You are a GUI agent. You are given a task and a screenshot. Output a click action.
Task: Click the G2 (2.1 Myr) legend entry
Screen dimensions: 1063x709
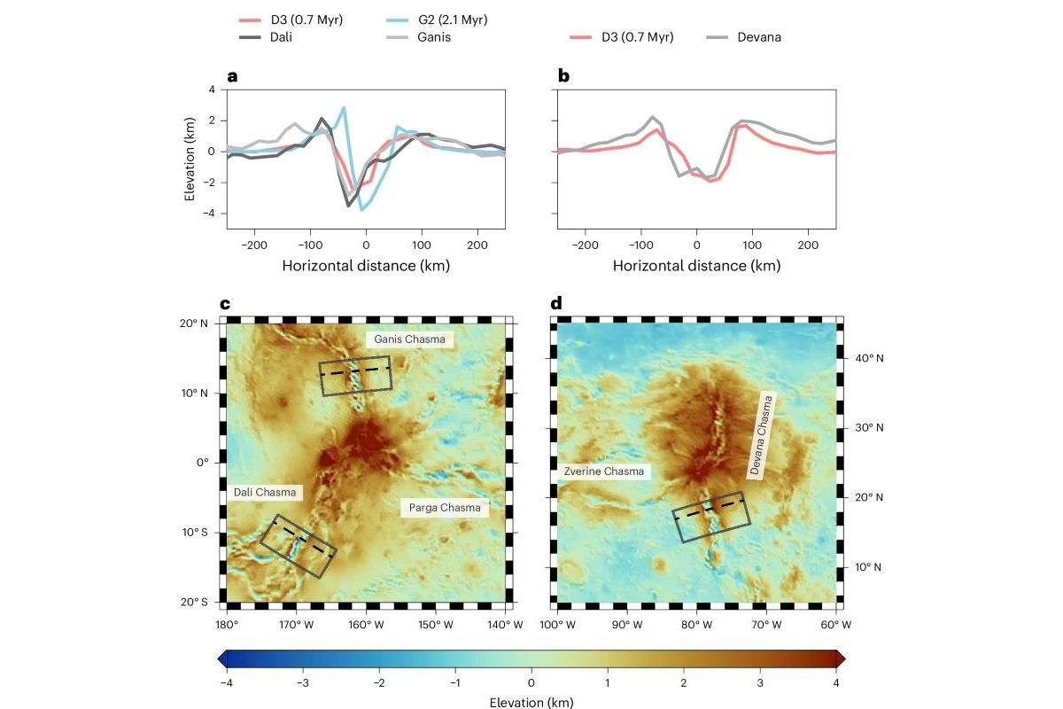coord(437,20)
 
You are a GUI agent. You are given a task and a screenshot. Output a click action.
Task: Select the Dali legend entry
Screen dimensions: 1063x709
coord(265,37)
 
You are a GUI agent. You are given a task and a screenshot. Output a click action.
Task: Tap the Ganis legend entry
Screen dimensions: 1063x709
coord(418,37)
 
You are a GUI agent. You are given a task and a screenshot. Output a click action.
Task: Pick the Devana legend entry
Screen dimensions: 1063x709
coord(743,37)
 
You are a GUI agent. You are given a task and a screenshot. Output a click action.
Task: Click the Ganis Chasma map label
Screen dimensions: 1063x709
coord(409,339)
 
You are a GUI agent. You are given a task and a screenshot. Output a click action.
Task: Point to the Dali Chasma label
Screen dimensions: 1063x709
coord(265,492)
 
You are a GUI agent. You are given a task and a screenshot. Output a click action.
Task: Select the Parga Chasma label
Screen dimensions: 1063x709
coord(445,508)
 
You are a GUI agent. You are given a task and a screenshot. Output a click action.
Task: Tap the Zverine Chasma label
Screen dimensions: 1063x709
coord(603,471)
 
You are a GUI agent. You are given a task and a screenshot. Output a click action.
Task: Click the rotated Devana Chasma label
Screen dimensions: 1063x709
coord(761,435)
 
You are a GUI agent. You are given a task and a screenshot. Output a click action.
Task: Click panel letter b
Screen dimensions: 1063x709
coord(563,76)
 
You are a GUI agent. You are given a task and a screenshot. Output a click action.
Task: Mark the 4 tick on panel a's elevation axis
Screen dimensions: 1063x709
coord(212,90)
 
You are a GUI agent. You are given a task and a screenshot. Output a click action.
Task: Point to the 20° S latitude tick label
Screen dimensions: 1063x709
coord(194,602)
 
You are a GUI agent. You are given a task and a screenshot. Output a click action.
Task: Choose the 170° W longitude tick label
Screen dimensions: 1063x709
coord(296,625)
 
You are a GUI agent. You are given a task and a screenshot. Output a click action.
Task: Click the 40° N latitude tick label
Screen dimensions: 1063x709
coord(869,358)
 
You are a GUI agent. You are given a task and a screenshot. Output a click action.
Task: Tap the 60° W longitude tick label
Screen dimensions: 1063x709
coord(835,625)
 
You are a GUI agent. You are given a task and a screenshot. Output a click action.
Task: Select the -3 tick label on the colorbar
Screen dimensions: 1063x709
coord(303,683)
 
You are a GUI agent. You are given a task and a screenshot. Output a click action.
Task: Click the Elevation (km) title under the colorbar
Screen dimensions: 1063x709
coord(531,702)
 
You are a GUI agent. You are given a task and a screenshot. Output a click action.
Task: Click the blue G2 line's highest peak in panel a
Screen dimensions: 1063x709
coord(344,108)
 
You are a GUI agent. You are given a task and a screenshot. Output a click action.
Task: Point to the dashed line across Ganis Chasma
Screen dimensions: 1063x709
coord(355,371)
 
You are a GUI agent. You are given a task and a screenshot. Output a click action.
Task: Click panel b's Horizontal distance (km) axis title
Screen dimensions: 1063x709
coord(696,266)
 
